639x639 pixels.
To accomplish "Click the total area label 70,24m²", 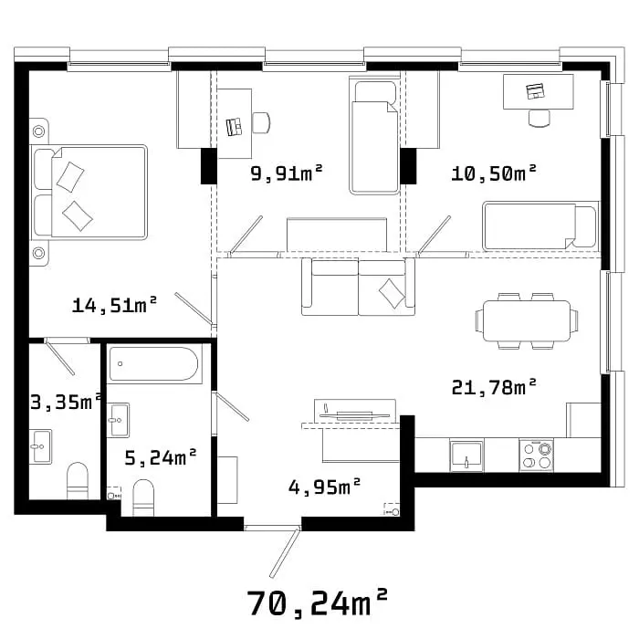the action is coord(317,603).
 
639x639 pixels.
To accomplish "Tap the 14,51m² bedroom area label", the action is coord(114,305).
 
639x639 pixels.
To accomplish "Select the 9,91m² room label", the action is coord(287,173).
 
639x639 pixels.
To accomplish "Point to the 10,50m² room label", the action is coord(494,173).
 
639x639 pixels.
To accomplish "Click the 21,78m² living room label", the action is coord(494,387).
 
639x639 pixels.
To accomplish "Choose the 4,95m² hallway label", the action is coord(324,487).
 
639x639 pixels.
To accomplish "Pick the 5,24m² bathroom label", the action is coord(161,457).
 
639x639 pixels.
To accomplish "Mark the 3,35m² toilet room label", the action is coord(66,402).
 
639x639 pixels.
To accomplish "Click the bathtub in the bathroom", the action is coord(155,363).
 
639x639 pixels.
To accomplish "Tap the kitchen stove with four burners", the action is coord(537,456).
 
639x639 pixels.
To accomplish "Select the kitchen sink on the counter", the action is coord(466,456).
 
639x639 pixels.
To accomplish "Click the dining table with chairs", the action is coord(527,320).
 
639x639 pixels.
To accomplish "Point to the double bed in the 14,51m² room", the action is coord(89,192).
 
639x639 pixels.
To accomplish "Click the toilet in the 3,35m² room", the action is coord(78,480).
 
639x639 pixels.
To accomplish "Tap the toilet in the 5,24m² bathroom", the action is coord(143,498).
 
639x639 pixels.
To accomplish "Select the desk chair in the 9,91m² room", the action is coord(261,122).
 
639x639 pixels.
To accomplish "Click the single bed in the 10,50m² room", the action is coord(540,226).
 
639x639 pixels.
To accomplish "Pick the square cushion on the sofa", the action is coord(392,293).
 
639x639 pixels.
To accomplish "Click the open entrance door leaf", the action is coord(285,552).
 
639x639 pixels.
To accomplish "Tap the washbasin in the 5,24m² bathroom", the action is coord(118,420).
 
